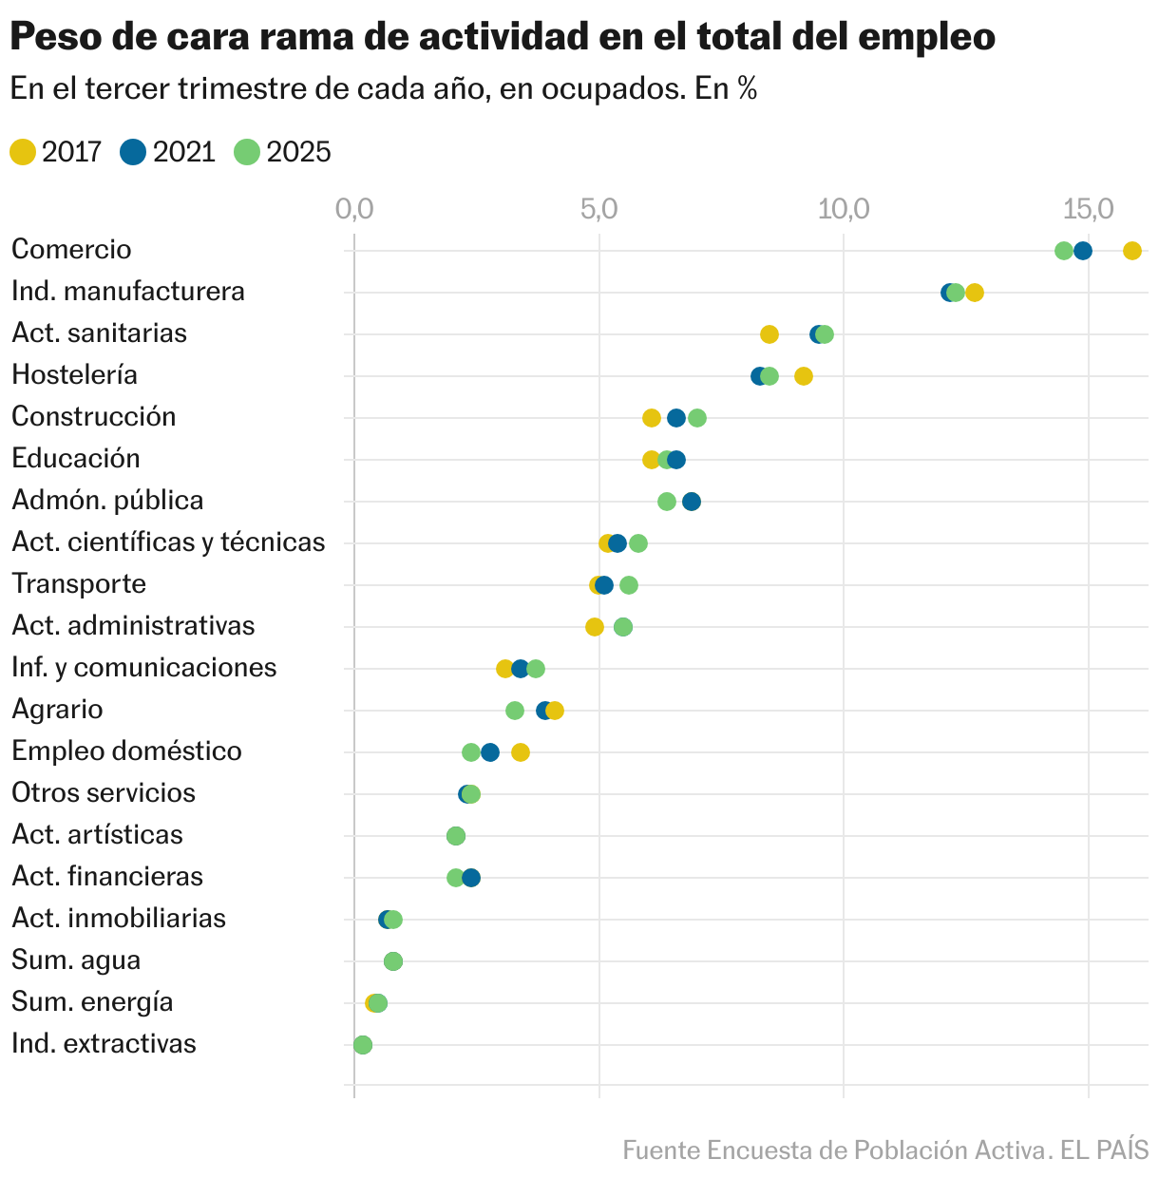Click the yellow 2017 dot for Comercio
(x=1131, y=251)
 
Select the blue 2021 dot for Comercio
(x=1082, y=251)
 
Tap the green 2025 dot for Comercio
(x=1063, y=251)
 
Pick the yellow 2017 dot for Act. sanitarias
(x=769, y=334)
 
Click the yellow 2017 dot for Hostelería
(x=804, y=376)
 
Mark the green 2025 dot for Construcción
(x=697, y=418)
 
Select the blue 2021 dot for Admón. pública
(x=692, y=502)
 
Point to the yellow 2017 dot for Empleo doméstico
(x=521, y=752)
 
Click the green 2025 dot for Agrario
(x=515, y=711)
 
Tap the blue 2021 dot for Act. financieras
(x=471, y=878)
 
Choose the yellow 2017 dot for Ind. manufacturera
(x=975, y=293)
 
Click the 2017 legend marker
(x=23, y=152)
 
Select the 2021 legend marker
(x=134, y=152)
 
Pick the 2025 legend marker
(x=247, y=152)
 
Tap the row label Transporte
(x=79, y=583)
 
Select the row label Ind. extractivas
(x=104, y=1043)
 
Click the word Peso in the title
(x=53, y=38)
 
